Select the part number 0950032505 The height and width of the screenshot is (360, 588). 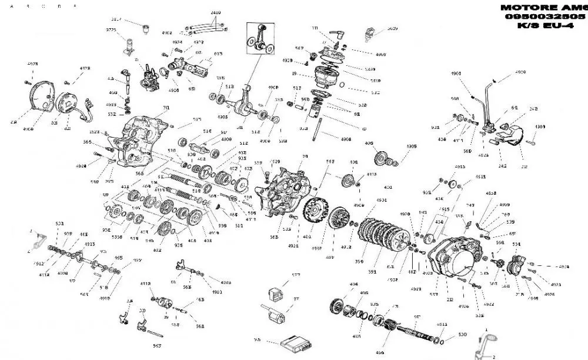(x=544, y=17)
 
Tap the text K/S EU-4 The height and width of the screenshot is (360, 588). (x=544, y=26)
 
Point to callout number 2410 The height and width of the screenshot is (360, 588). (x=215, y=12)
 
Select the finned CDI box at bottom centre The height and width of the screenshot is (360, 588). (x=293, y=341)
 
